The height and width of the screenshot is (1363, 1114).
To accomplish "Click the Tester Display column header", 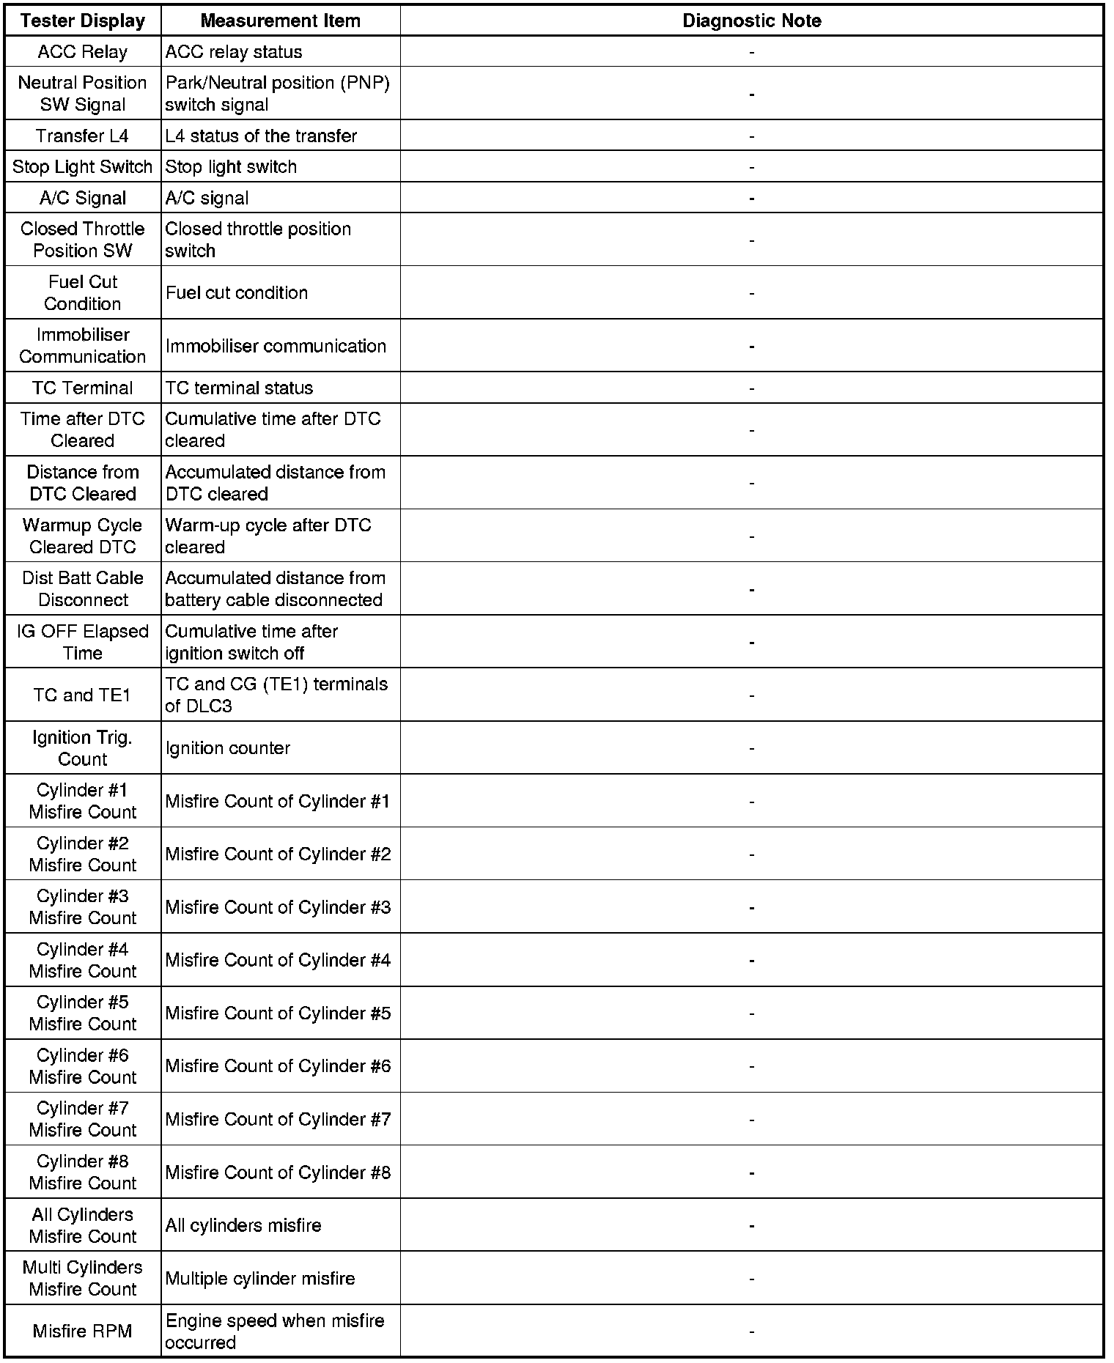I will pos(83,21).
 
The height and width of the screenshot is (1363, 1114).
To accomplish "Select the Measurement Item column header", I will pos(280,21).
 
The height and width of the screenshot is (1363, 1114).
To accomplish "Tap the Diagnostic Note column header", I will pos(751,21).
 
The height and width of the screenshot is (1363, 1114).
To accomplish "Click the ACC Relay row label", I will pos(83,52).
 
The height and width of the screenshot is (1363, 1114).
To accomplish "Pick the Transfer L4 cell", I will pos(83,136).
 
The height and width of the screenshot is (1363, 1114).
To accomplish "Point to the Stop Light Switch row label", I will pos(83,167).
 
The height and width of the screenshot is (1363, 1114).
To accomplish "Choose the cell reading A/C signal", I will pos(207,198).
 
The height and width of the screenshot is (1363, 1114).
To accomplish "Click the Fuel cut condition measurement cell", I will pos(237,292).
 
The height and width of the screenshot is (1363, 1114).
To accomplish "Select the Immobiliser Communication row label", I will pos(83,345).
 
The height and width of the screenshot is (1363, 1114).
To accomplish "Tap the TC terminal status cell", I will pos(239,388).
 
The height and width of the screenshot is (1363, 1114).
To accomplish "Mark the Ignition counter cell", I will pos(228,748).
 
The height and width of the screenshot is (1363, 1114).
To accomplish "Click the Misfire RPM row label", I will pos(83,1331).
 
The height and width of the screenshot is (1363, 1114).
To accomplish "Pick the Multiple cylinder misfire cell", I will pos(260,1278).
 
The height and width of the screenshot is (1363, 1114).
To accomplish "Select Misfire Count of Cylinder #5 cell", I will pos(278,1013).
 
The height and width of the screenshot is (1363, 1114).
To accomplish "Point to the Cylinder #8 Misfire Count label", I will pos(83,1172).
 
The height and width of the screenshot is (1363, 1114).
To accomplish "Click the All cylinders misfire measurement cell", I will pos(243,1225).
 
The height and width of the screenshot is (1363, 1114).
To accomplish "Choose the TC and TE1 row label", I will pos(83,695).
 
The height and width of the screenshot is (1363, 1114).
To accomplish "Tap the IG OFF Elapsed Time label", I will pos(83,642).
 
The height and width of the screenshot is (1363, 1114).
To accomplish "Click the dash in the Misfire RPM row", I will pos(751,1331).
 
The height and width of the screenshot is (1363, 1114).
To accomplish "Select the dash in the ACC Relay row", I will pos(751,53).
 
